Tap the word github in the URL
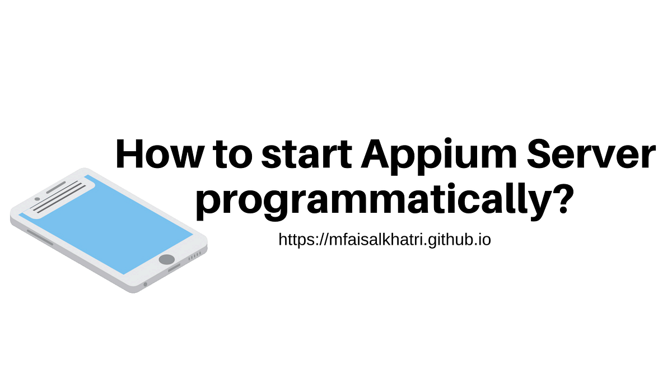click(x=442, y=240)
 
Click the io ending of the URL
click(x=484, y=240)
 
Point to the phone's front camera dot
click(x=37, y=198)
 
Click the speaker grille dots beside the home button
click(x=194, y=256)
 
